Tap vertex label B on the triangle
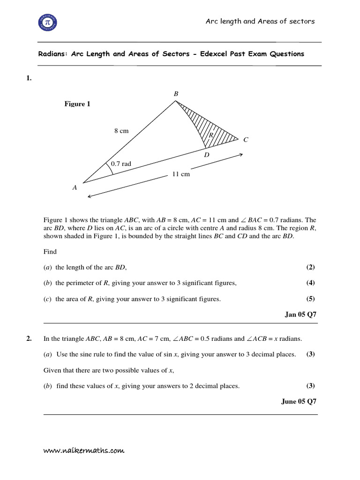[x=176, y=94]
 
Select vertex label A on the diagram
[x=75, y=187]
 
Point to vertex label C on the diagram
[x=246, y=139]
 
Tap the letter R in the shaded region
[x=211, y=135]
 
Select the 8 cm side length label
[x=121, y=131]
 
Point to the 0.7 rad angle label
[x=121, y=164]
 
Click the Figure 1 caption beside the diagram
[x=77, y=104]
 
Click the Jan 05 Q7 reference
[x=300, y=315]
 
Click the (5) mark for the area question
[x=310, y=299]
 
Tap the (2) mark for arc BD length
[x=310, y=267]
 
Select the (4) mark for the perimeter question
[x=310, y=283]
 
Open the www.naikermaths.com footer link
[x=84, y=450]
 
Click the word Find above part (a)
[x=50, y=252]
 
